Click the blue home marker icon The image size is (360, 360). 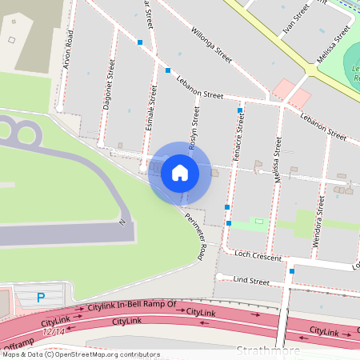(x=180, y=173)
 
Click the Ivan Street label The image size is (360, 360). (x=295, y=22)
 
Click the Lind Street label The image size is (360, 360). (x=250, y=281)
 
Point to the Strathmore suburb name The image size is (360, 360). (x=269, y=350)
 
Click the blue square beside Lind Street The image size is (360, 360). (x=292, y=270)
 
